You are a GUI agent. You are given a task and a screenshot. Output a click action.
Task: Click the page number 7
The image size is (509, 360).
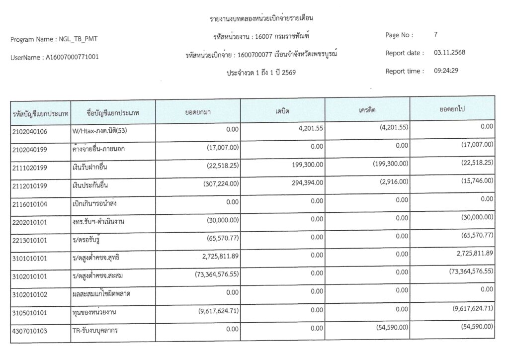coord(435,35)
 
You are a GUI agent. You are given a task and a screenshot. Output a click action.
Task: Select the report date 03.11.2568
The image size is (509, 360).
coord(449,53)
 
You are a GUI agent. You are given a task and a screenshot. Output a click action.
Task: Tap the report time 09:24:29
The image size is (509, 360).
coord(446,71)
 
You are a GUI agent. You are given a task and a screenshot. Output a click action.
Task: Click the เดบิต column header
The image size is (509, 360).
coord(282,110)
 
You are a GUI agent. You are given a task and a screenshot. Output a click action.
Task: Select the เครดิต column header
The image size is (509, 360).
coord(367,109)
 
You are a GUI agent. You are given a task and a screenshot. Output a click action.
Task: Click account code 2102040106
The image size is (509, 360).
coord(30,132)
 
